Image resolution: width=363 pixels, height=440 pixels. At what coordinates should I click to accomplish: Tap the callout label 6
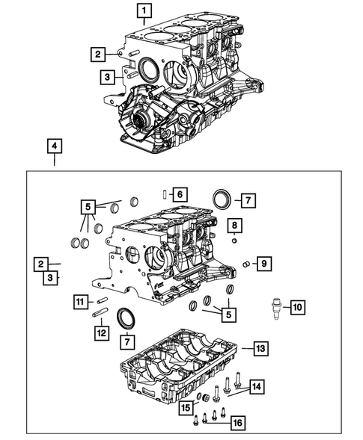pos(180,194)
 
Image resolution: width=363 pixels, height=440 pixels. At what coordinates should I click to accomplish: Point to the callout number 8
pos(234,226)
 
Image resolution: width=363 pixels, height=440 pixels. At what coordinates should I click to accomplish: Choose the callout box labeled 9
pos(263,263)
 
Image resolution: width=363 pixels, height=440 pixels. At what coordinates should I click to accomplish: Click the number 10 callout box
pos(297,306)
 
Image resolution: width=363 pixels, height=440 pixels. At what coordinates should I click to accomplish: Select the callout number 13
pos(259,348)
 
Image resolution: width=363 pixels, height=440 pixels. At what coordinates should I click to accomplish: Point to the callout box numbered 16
pos(238,423)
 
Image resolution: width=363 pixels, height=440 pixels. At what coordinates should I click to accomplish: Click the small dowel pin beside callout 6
pos(164,195)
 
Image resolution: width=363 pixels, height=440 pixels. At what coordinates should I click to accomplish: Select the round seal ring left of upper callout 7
pos(222,200)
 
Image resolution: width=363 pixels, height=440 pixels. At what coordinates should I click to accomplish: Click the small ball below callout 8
pos(234,241)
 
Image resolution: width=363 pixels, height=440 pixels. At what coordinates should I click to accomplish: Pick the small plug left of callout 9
pos(246,264)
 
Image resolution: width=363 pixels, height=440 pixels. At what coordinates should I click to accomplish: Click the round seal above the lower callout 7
pos(127,317)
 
